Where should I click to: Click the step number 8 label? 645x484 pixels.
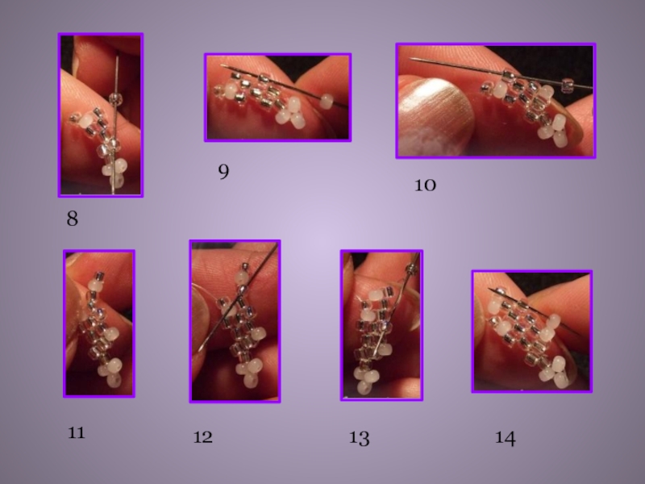(x=72, y=219)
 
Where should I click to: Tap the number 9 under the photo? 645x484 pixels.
(x=223, y=171)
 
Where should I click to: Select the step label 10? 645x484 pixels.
(x=425, y=186)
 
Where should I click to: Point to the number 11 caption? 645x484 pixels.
(x=76, y=433)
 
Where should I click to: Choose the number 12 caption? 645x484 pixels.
(x=203, y=436)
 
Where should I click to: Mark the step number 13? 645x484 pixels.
(x=359, y=438)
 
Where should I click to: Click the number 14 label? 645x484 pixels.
(x=506, y=438)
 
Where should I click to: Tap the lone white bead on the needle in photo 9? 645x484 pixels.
(x=327, y=100)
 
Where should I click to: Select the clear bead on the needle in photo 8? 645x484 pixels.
(x=115, y=98)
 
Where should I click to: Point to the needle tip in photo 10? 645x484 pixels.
(x=410, y=59)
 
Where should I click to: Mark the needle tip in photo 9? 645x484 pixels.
(x=221, y=65)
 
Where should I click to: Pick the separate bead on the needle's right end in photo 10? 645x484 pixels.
(x=568, y=85)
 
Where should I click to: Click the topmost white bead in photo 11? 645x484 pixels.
(x=95, y=285)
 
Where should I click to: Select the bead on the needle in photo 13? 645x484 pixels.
(x=411, y=269)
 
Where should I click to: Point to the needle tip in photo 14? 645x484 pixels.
(x=489, y=290)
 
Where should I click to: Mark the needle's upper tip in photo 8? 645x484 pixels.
(x=117, y=57)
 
